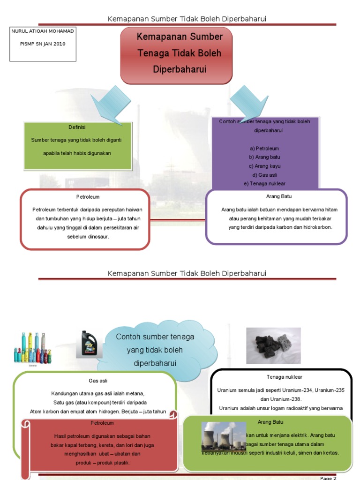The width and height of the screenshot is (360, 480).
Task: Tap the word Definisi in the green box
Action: tap(77, 127)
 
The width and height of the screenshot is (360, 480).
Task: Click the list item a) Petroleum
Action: tap(264, 148)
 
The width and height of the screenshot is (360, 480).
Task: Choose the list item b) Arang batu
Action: tap(264, 157)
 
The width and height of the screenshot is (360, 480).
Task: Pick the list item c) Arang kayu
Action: tap(264, 166)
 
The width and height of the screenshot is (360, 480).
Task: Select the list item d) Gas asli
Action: tap(264, 175)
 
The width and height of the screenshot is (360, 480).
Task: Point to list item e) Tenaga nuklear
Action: tap(264, 184)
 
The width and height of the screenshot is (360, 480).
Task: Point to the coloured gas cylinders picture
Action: tap(32, 348)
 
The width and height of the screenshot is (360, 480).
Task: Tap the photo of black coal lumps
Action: tap(273, 345)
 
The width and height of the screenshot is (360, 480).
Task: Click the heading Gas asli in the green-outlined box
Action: tap(98, 381)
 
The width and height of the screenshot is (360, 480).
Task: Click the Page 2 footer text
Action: tap(328, 478)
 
